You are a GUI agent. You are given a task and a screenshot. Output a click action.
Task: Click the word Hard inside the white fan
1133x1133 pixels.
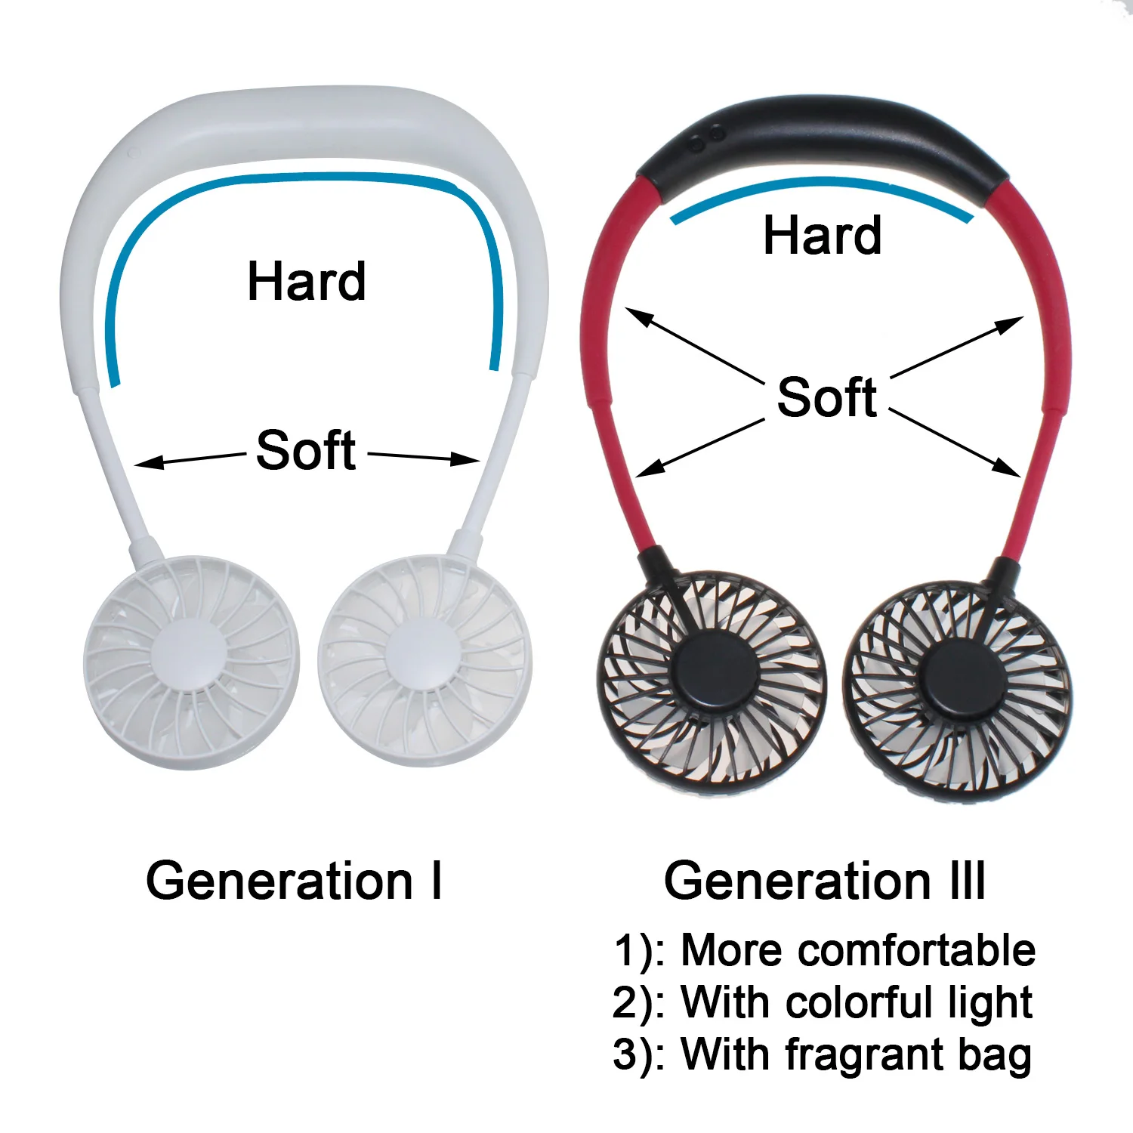[x=307, y=281]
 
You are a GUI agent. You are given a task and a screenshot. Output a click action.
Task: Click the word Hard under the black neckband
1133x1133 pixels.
[x=822, y=235]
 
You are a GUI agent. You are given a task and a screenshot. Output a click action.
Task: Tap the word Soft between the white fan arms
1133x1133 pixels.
[x=306, y=450]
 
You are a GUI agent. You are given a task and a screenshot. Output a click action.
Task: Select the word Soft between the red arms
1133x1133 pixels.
[x=827, y=397]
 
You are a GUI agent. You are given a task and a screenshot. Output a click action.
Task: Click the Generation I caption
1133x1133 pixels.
[x=294, y=881]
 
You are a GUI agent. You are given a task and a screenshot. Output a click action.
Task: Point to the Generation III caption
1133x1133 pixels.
[x=825, y=881]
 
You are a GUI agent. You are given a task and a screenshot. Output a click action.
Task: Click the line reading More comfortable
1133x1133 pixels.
[x=823, y=949]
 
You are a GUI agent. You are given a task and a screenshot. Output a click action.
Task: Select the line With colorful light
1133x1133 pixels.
[x=822, y=1002]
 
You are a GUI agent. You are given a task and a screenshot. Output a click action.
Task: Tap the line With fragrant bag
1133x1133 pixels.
[x=822, y=1054]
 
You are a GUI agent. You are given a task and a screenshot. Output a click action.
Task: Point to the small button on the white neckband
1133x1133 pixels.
[x=134, y=153]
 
